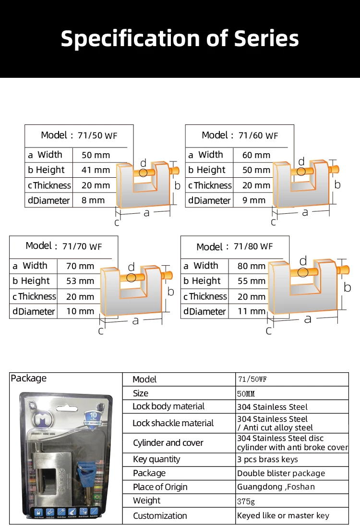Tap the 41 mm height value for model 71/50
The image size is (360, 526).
pyautogui.click(x=96, y=170)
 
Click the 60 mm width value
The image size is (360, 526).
pyautogui.click(x=256, y=155)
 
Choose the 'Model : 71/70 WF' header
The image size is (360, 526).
pyautogui.click(x=64, y=246)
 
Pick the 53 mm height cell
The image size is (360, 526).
pyautogui.click(x=80, y=281)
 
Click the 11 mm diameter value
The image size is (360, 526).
pyautogui.click(x=252, y=311)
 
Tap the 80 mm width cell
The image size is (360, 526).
pyautogui.click(x=251, y=266)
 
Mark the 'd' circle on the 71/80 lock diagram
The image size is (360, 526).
pyautogui.click(x=303, y=272)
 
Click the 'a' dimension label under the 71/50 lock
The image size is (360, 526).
pyautogui.click(x=146, y=213)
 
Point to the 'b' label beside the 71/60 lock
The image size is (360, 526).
pyautogui.click(x=337, y=184)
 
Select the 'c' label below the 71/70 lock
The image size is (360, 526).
pyautogui.click(x=101, y=331)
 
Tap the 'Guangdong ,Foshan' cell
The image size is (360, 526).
pyautogui.click(x=276, y=487)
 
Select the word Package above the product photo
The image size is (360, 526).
pyautogui.click(x=29, y=379)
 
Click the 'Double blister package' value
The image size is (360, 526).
pyautogui.click(x=281, y=473)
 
